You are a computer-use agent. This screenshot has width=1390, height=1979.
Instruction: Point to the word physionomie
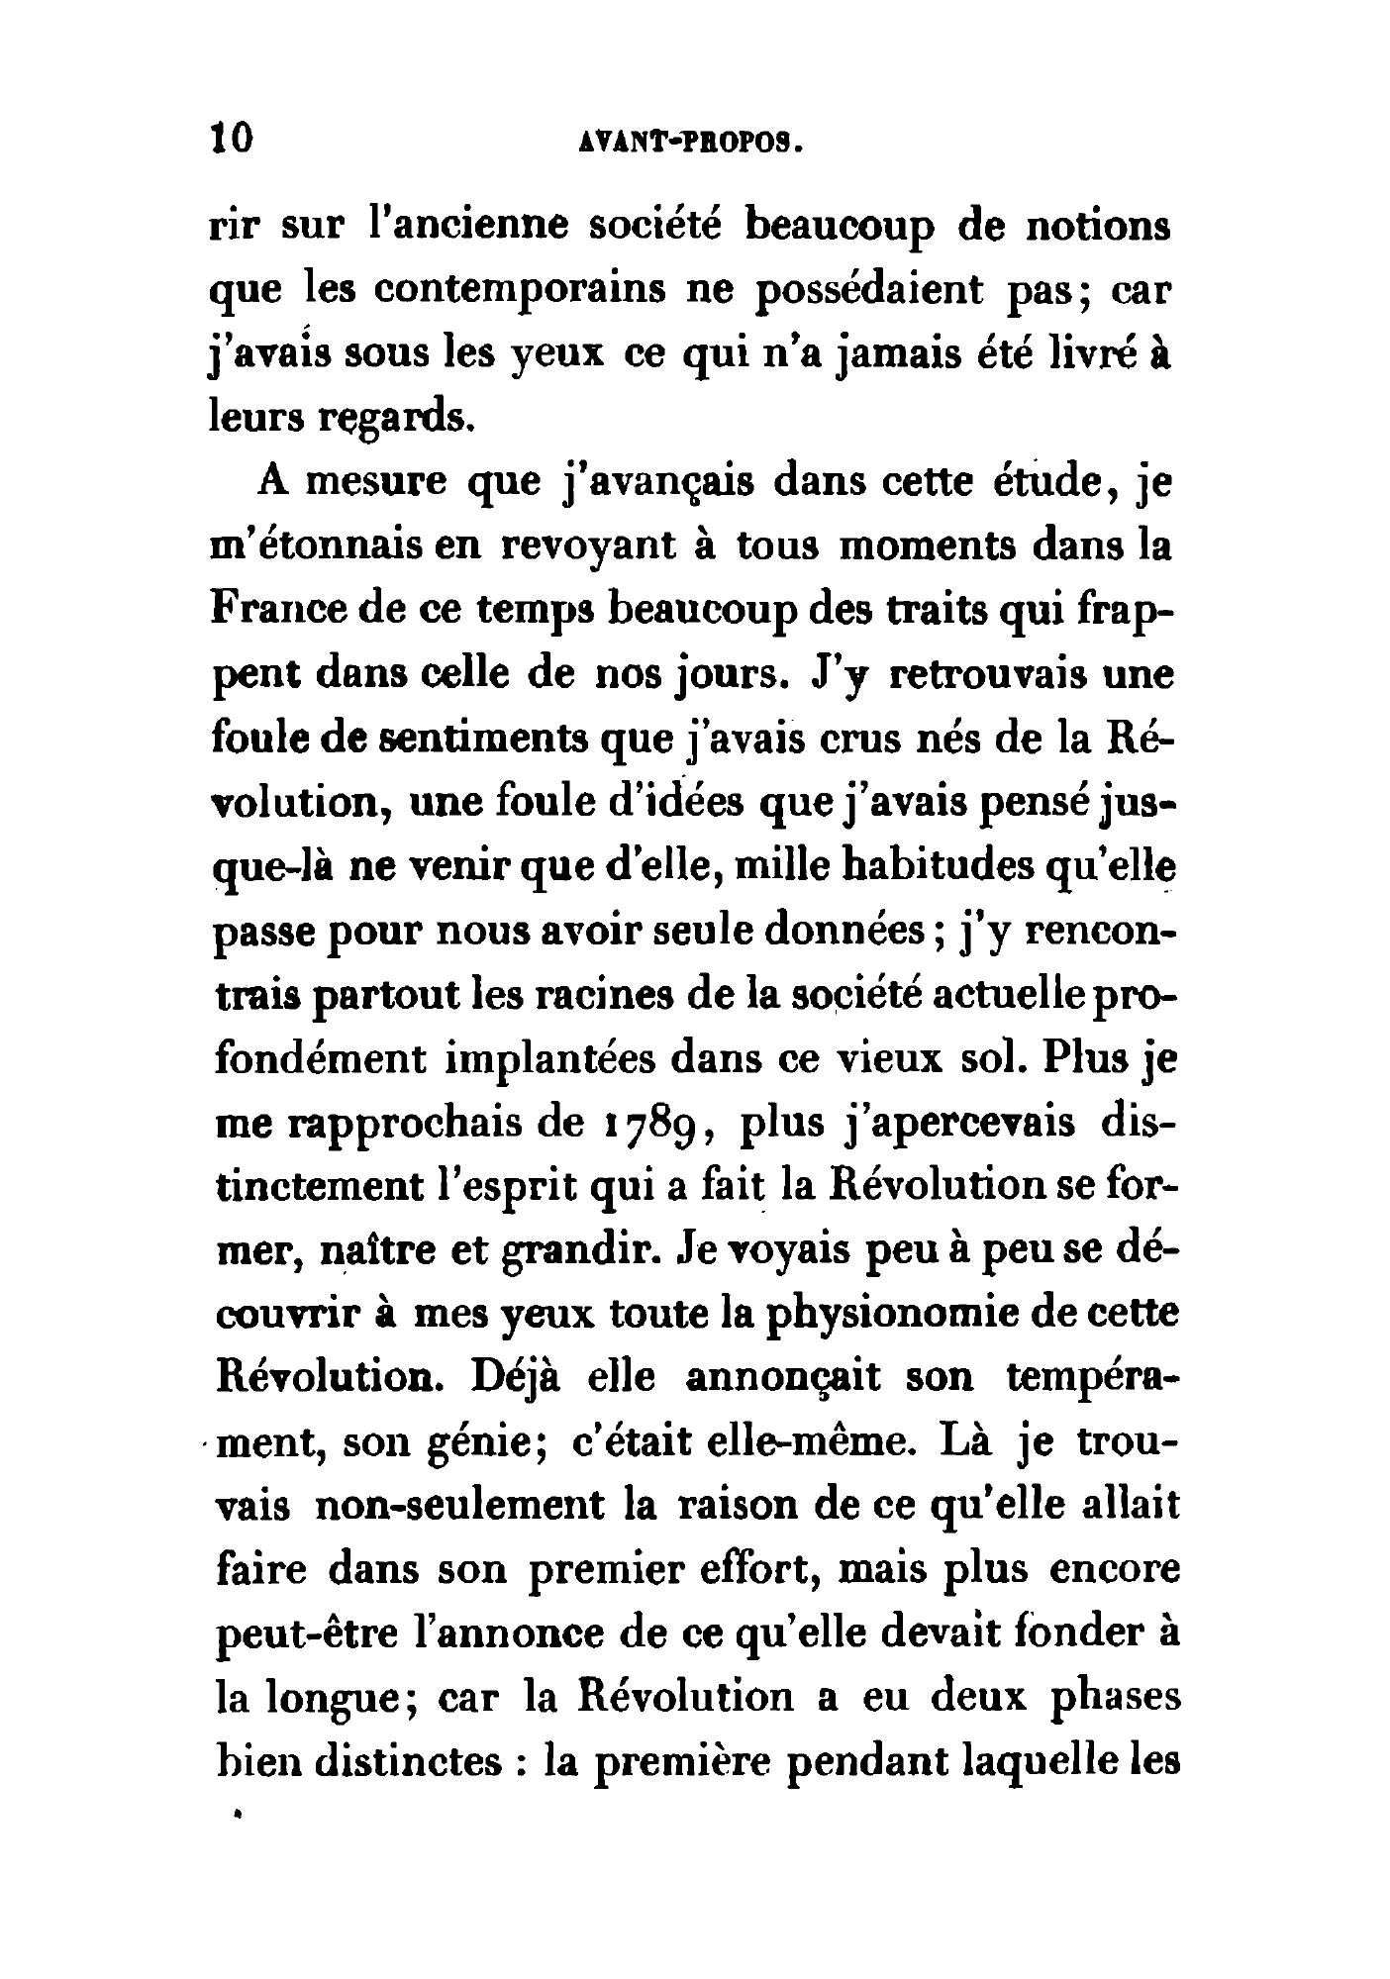tap(863, 1315)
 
